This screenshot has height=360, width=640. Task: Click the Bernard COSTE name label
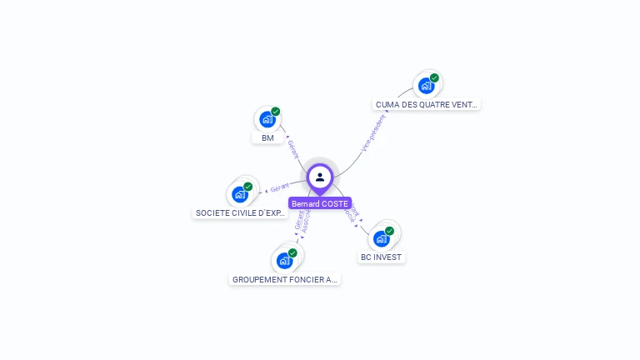click(x=320, y=203)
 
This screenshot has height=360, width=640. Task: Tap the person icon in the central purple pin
click(x=320, y=177)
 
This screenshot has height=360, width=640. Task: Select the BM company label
click(x=267, y=137)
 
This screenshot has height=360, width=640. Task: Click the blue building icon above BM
click(x=267, y=119)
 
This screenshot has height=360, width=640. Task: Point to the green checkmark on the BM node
click(x=276, y=112)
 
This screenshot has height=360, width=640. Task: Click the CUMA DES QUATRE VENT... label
click(x=427, y=104)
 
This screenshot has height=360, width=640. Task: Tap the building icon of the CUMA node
click(x=427, y=85)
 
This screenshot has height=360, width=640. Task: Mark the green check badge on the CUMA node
click(x=434, y=77)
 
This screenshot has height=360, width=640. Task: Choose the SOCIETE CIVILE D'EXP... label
click(x=241, y=212)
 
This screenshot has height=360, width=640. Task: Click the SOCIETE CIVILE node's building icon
click(x=240, y=194)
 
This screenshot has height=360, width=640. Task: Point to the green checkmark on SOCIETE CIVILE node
click(x=248, y=187)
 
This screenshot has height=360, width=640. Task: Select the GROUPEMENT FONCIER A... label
click(x=285, y=279)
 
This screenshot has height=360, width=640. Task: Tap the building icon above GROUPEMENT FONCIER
click(x=285, y=261)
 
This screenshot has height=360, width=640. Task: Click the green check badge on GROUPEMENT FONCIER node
click(x=292, y=252)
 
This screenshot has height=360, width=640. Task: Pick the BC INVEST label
click(x=382, y=257)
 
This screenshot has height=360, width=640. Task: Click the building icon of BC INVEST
click(x=382, y=238)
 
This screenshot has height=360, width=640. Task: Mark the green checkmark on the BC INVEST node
click(x=389, y=231)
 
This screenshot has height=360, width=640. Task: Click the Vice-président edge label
click(x=373, y=132)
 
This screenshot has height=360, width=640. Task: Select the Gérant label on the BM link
click(x=292, y=149)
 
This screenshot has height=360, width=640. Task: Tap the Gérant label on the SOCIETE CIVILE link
click(x=280, y=187)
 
